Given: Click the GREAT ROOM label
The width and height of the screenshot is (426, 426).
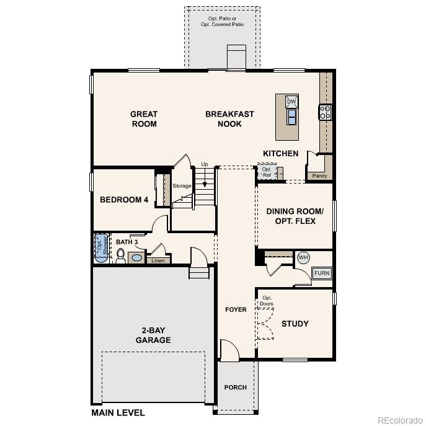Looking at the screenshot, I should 143,119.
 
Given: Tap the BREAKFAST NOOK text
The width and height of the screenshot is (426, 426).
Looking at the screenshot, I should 229,119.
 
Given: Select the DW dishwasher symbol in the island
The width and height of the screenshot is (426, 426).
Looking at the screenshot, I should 291,102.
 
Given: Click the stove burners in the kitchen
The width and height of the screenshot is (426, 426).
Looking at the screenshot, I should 326,112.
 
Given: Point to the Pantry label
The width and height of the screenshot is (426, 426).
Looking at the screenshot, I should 319,176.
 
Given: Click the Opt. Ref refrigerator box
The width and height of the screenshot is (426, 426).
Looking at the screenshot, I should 267,172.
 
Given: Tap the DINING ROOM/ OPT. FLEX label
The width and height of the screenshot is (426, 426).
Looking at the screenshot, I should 291,216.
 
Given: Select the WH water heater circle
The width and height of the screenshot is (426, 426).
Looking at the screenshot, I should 303,257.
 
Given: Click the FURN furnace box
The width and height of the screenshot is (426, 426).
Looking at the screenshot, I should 322,273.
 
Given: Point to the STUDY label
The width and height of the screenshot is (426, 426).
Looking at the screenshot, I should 295,324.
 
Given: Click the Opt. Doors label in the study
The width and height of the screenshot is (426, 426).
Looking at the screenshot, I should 267,300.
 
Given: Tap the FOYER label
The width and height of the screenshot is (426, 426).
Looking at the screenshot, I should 236,309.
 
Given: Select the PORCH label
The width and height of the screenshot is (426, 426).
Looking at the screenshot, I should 236,388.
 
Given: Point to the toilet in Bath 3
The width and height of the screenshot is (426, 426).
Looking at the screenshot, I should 120,256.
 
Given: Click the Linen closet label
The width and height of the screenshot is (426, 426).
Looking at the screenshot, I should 158,260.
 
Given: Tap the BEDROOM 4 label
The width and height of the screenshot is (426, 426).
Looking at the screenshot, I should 124,200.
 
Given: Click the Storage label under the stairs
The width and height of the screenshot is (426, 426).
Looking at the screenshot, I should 182,186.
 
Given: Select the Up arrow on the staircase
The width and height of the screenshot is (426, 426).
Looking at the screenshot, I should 205,173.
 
